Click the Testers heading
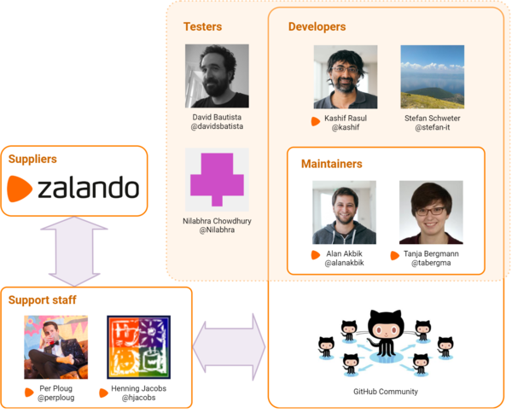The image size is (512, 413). (x=202, y=26)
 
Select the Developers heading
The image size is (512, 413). (x=317, y=26)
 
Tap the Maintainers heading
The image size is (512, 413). (x=331, y=164)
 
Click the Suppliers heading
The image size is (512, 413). (x=32, y=159)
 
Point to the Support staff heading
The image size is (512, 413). (x=42, y=300)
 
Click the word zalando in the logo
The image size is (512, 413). (x=89, y=188)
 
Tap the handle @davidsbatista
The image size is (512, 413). (x=217, y=126)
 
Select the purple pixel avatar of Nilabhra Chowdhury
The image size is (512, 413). (x=217, y=179)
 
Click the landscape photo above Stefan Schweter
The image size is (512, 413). (x=433, y=77)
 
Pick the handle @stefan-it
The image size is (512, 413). (x=433, y=127)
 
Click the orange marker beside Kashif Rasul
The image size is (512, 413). (x=316, y=121)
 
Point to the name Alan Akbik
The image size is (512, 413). (x=344, y=253)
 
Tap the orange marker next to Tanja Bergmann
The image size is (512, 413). (x=395, y=256)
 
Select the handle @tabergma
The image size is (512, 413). (x=431, y=263)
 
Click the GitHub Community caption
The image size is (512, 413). (x=386, y=392)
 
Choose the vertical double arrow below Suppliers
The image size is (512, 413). (x=74, y=252)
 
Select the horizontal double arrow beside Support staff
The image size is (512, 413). (x=230, y=347)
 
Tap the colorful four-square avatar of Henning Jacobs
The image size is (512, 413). (x=139, y=347)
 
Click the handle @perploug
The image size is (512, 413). (x=55, y=398)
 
